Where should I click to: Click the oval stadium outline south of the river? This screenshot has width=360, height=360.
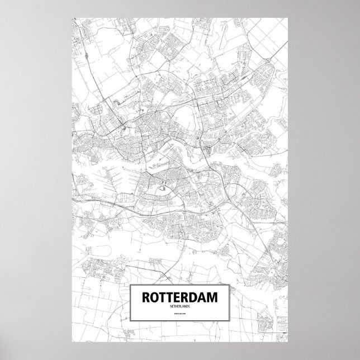(x=163, y=188)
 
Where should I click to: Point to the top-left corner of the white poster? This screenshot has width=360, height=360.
(x=72, y=16)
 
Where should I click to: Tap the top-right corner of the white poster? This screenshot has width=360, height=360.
(x=288, y=16)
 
